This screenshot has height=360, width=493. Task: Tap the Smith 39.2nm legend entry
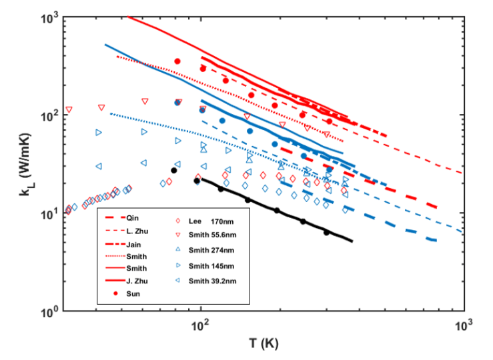217,281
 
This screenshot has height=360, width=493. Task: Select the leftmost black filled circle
174,170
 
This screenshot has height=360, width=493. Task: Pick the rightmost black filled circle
326,233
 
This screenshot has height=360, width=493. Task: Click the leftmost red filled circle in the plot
177,61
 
